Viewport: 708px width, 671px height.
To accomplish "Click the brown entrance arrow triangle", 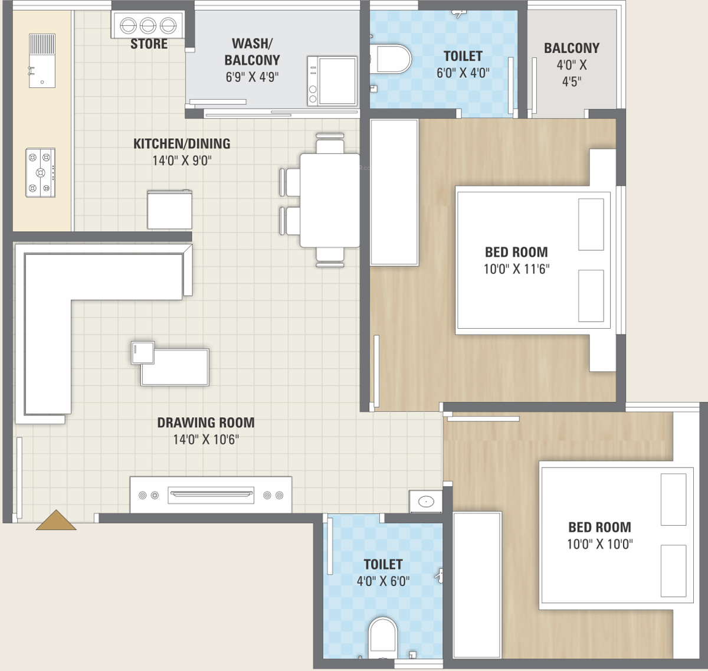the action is tap(56, 521).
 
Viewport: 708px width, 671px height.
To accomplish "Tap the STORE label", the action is tap(149, 44).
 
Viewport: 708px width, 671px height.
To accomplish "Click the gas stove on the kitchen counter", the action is tap(40, 172).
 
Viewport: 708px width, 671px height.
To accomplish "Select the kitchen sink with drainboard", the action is tap(42, 61).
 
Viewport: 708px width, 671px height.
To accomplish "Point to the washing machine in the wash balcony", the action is tap(332, 81).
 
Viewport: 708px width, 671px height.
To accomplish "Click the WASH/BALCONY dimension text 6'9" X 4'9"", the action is tap(252, 77).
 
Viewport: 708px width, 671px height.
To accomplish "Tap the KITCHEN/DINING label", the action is tap(182, 143).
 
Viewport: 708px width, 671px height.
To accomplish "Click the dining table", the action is tap(329, 201).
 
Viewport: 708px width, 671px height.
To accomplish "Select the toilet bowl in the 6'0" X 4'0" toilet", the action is tap(391, 59).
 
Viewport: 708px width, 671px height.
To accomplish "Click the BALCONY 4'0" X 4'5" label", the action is tap(572, 65).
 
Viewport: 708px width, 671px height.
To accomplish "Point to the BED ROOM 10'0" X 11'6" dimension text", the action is tap(516, 269).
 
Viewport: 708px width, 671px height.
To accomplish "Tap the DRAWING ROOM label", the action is tap(206, 423).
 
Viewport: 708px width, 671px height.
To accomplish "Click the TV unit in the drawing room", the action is tap(211, 495).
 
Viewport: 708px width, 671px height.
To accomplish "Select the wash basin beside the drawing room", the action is tap(426, 501).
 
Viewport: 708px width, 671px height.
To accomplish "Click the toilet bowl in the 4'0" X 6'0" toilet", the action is tap(382, 637).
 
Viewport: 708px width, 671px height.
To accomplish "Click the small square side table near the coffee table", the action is tap(143, 352).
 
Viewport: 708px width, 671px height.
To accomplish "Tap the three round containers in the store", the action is tap(148, 25).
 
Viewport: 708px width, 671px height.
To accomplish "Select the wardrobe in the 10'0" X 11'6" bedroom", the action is tap(394, 193).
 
